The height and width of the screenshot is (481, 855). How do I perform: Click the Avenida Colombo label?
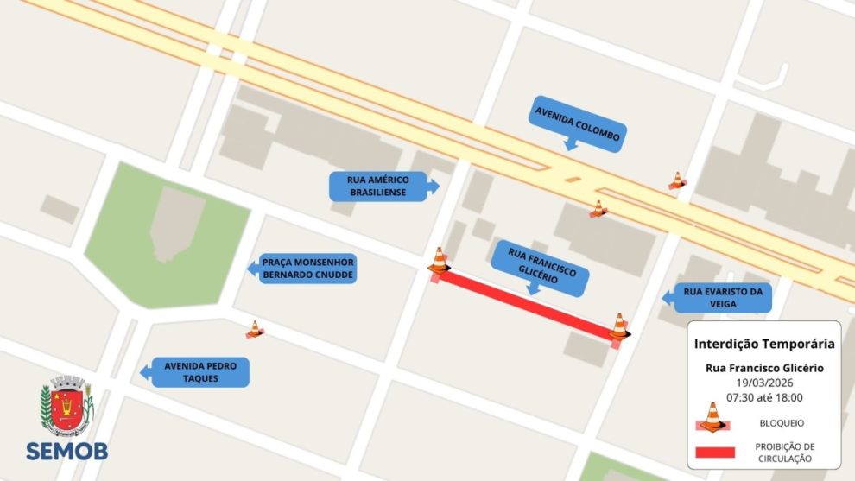coord(576,124)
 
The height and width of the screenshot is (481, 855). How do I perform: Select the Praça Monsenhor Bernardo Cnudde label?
coord(308,269)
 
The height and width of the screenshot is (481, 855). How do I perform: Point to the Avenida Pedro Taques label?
coord(200,372)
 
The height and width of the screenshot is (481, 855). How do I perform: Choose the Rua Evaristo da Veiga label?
coord(722,298)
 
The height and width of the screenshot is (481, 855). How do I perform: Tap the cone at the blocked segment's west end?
coord(439,261)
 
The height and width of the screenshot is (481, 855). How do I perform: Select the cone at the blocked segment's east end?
coord(619,326)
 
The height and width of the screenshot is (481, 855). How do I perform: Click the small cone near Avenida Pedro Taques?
coord(254,329)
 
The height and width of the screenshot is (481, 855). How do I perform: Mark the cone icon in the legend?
coord(712,417)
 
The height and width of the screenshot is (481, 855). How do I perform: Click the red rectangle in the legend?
coord(712,452)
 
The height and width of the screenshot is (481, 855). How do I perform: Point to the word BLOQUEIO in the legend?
coord(782,423)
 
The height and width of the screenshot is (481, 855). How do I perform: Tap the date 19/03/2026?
coord(764,383)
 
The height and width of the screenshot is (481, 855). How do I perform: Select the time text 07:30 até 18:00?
coord(764,397)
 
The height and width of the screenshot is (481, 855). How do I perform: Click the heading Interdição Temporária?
coord(764,344)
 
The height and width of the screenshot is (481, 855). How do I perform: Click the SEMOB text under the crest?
coord(66,451)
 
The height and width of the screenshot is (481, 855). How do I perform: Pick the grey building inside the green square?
coord(176,224)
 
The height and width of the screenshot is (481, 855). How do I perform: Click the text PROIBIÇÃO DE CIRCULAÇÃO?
coord(783,452)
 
